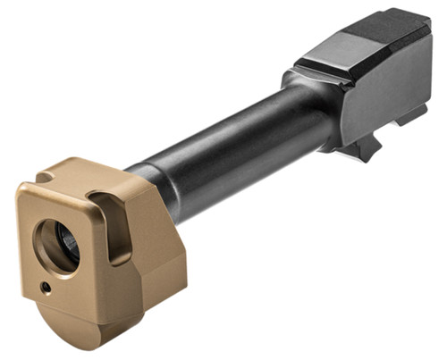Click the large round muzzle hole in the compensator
(57, 247)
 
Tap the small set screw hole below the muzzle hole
(46, 287)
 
